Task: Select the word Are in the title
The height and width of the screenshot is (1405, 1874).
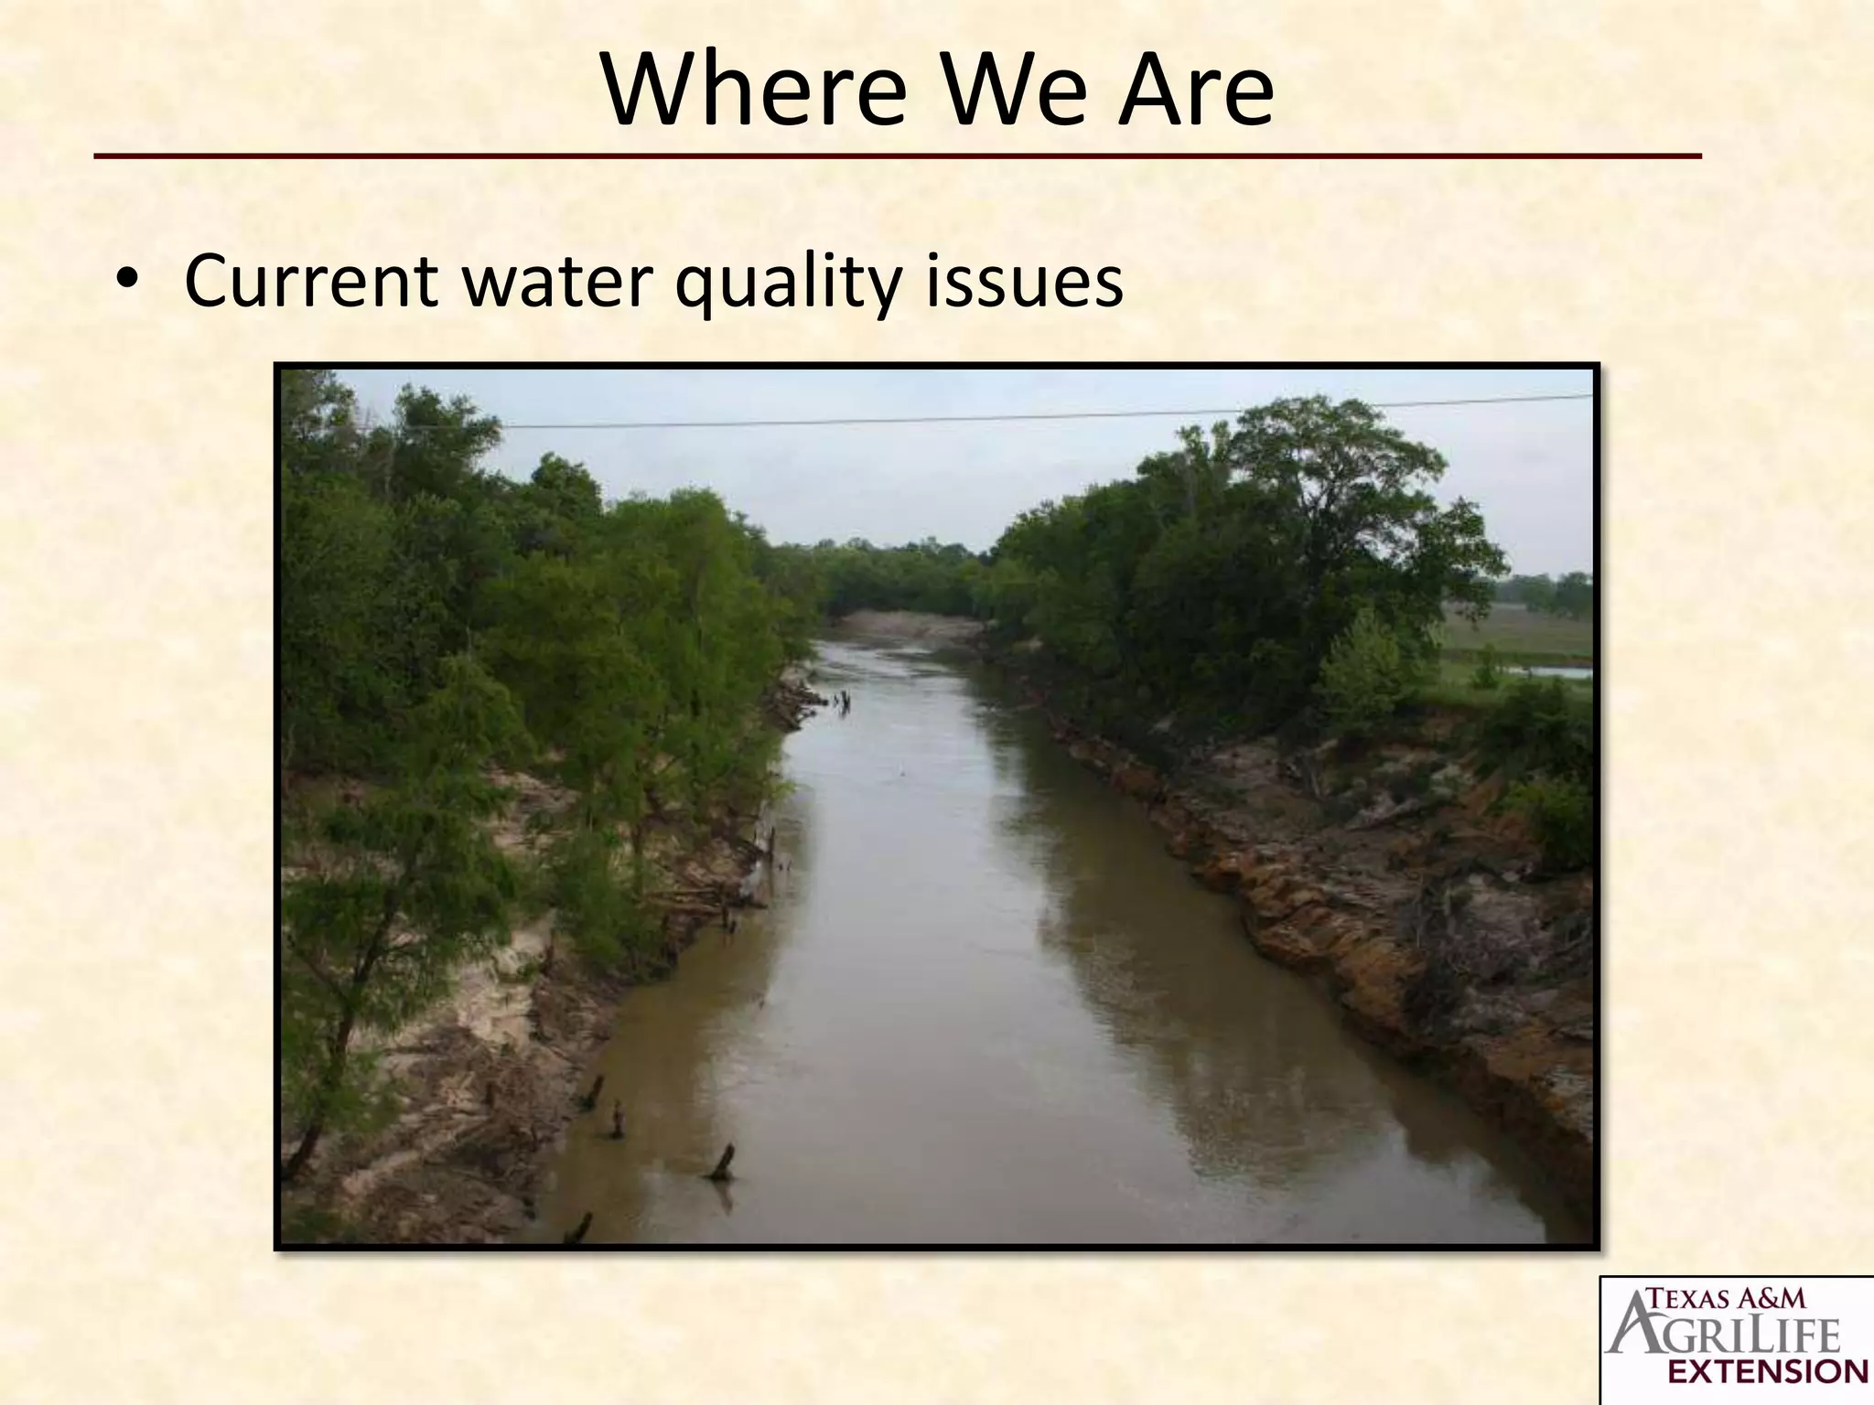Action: pos(1195,91)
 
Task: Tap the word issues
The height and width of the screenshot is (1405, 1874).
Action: pos(1025,282)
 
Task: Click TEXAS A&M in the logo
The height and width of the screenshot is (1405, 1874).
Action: pos(1726,1297)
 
